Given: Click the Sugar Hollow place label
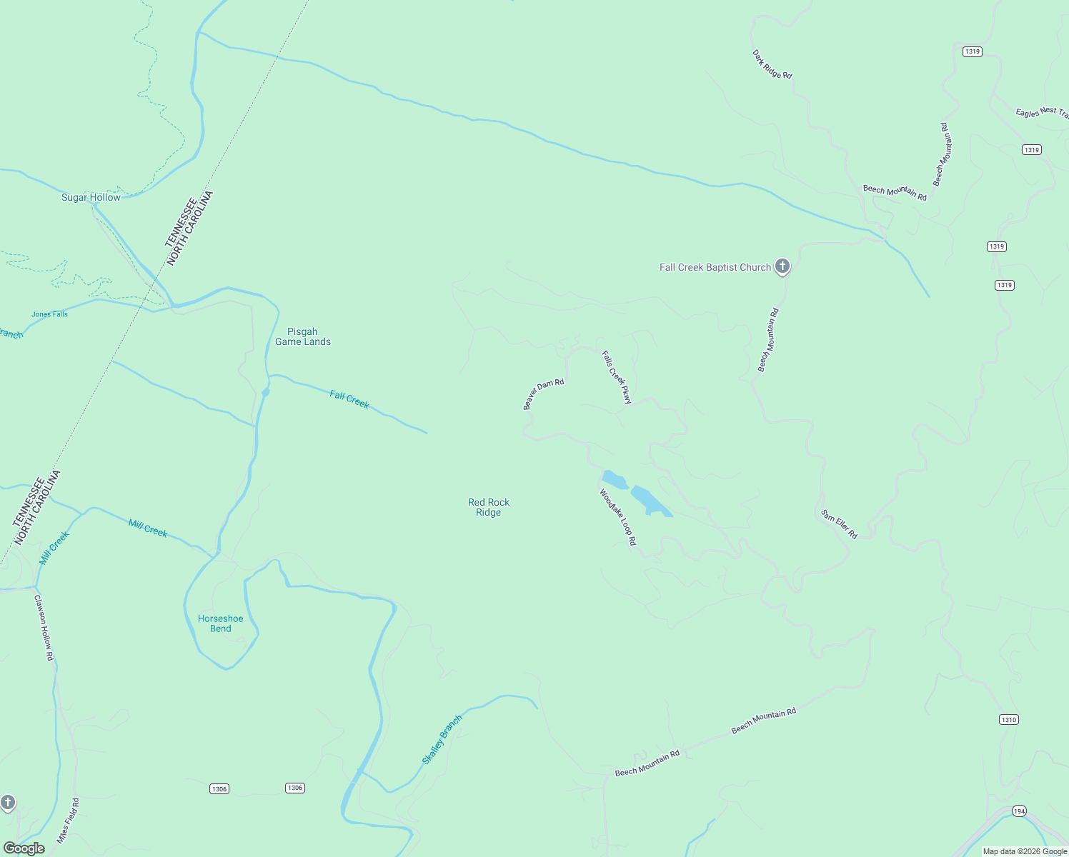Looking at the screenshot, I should tap(91, 198).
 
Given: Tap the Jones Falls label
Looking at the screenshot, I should tap(49, 314).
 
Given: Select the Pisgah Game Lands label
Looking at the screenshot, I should tap(303, 336).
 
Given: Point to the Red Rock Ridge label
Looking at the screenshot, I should tap(489, 507).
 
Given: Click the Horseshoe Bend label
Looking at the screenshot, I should tap(221, 623).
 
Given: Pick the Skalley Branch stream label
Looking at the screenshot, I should tap(442, 739).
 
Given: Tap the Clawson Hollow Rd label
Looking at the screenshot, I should tap(44, 628).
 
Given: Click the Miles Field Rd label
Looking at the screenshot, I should tap(68, 821).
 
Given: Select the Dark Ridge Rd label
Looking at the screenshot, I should tap(772, 64).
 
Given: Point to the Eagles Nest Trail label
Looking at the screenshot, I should tap(1041, 112).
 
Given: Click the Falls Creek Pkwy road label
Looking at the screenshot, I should tap(617, 377).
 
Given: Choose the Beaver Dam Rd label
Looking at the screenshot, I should tap(543, 394).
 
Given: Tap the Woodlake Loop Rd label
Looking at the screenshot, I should tap(617, 517).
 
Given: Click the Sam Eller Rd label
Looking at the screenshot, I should tap(839, 523).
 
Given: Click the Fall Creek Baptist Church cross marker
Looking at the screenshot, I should tap(782, 266).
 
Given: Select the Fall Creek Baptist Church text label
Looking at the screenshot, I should tap(715, 267).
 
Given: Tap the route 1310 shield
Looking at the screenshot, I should tap(1008, 719).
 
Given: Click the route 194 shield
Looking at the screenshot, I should tap(1019, 811).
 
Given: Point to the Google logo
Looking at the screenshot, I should tap(24, 848).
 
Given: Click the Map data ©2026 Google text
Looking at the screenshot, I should tap(1025, 851).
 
